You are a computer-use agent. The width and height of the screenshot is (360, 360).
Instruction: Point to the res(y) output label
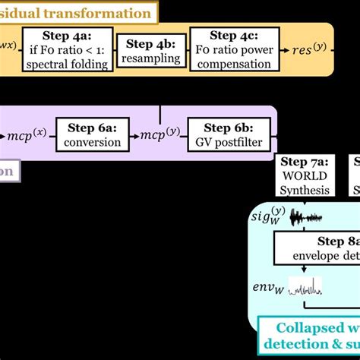pyautogui.click(x=312, y=50)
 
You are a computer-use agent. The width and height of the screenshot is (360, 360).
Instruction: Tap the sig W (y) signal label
pyautogui.click(x=270, y=218)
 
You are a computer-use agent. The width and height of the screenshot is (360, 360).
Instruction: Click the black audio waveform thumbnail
pyautogui.click(x=311, y=219)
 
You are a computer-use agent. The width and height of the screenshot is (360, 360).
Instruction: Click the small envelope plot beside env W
pyautogui.click(x=304, y=287)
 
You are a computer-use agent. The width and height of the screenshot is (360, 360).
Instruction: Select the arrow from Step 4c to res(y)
pyautogui.click(x=282, y=50)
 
